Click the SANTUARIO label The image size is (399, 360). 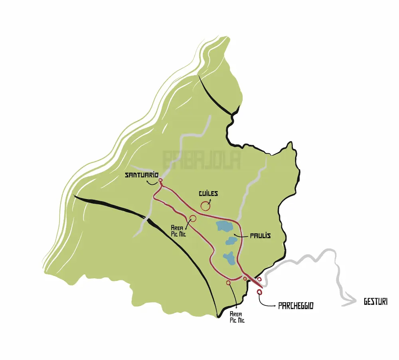tap(142, 175)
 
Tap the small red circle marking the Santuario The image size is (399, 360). tap(160, 182)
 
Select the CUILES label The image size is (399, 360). tap(208, 194)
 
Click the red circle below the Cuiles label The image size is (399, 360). tap(205, 206)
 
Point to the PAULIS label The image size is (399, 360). tap(260, 236)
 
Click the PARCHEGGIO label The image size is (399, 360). tap(296, 306)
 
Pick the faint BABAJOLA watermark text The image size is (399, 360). tap(201, 159)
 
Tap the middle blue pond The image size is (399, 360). tap(231, 241)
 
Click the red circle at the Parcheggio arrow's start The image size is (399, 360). tap(260, 293)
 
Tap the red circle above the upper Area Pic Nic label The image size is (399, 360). tap(193, 218)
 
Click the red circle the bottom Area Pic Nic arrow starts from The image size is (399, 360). tap(228, 283)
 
